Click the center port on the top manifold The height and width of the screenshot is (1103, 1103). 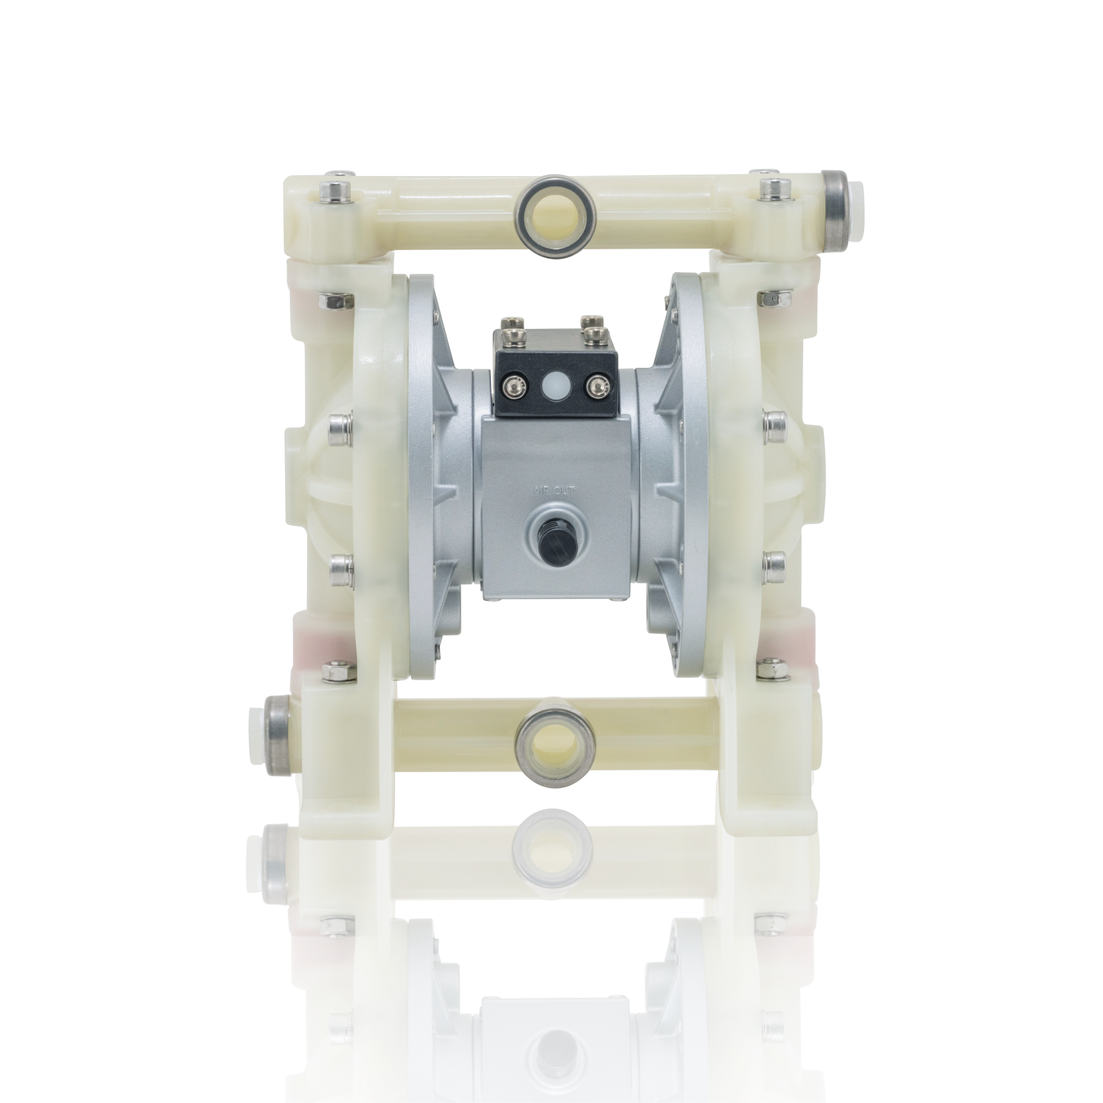pyautogui.click(x=554, y=212)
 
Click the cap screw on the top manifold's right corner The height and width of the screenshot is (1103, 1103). pyautogui.click(x=772, y=189)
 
